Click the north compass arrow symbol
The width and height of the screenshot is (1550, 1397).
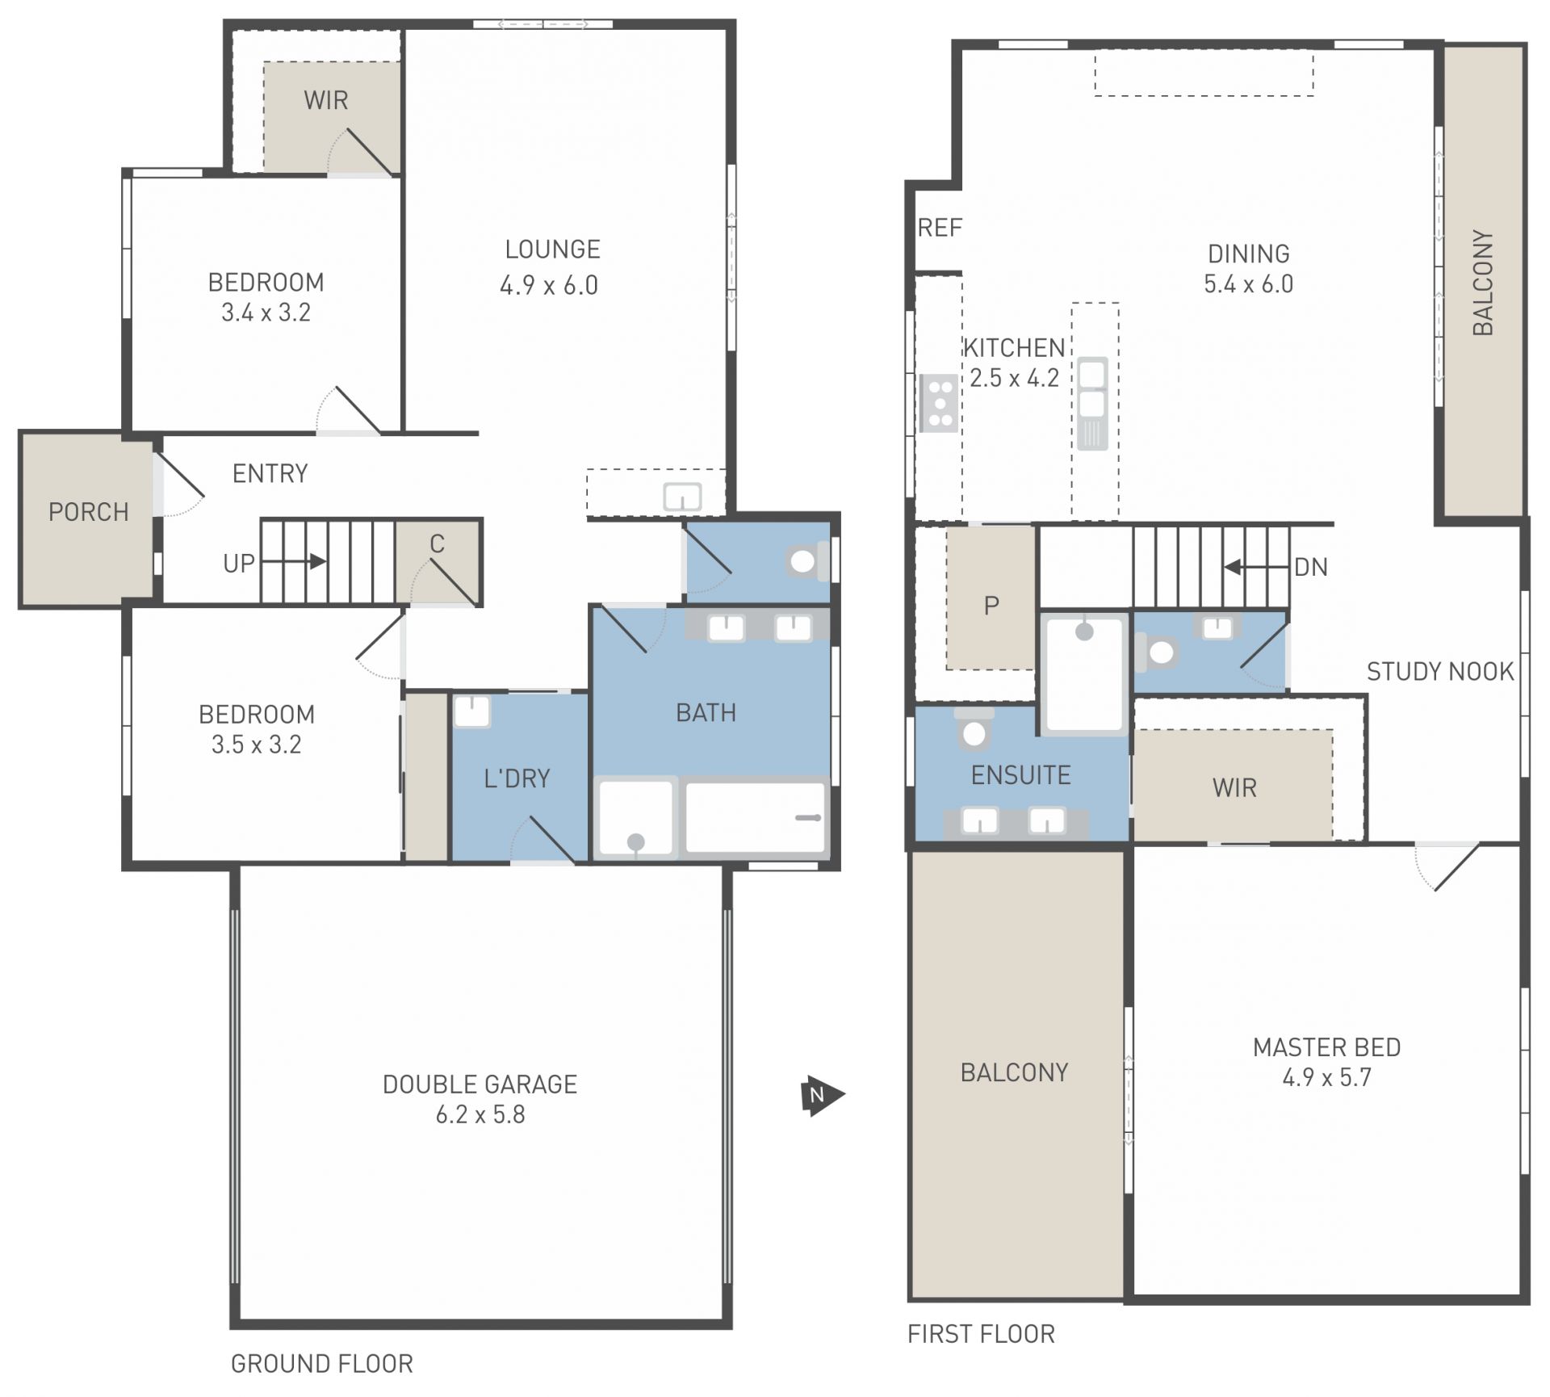coord(822,1096)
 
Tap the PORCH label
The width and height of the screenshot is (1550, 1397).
coord(89,512)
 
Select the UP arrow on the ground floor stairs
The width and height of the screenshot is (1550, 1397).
coord(295,561)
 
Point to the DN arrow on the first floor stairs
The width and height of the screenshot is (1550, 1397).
coord(1256,567)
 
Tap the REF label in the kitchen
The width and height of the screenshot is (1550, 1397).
coord(940,229)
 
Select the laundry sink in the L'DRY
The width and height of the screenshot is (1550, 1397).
coord(471,711)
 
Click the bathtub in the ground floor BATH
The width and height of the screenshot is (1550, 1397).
coord(755,817)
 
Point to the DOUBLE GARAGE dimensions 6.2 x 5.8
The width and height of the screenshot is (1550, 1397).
coord(480,1114)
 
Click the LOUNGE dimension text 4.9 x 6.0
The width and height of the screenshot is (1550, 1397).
coord(549,285)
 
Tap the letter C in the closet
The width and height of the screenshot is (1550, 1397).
coord(438,544)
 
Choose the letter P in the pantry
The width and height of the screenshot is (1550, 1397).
coord(991,606)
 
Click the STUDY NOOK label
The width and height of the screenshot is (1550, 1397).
coord(1440,671)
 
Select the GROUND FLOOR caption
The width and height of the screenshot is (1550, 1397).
coord(322,1364)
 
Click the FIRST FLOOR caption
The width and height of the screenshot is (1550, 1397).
coord(981,1334)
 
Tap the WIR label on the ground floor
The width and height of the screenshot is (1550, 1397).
coord(326,100)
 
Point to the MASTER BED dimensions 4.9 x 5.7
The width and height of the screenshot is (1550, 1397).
coord(1327,1077)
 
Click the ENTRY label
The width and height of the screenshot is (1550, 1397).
coord(270,473)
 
